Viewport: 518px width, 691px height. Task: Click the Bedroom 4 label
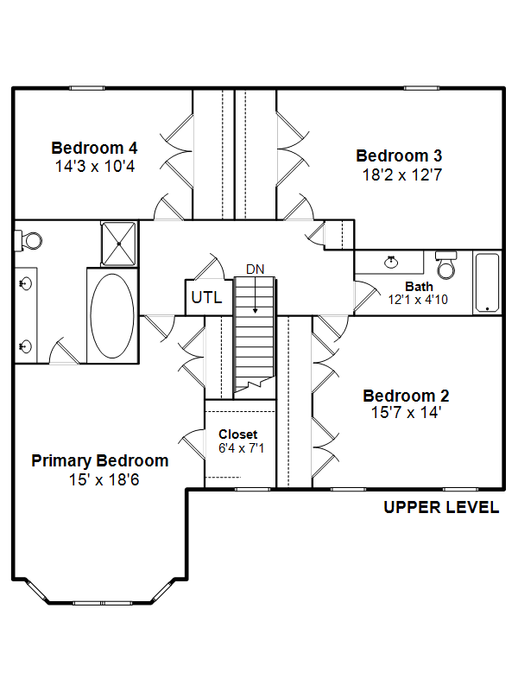point(94,148)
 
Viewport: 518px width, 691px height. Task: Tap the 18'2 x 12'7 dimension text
point(401,175)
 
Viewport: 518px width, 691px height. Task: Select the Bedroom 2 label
point(406,396)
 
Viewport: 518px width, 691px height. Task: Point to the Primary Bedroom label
point(100,461)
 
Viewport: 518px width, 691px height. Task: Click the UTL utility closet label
point(206,297)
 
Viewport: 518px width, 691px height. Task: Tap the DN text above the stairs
point(255,269)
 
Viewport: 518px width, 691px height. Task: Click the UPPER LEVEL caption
point(441,507)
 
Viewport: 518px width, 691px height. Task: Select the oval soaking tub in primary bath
point(112,315)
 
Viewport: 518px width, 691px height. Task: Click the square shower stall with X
point(118,244)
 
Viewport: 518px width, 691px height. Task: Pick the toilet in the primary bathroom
point(28,241)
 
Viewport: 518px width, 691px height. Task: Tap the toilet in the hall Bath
point(446,265)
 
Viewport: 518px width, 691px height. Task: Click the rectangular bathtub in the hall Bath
point(487,282)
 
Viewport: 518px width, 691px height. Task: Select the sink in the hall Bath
point(391,262)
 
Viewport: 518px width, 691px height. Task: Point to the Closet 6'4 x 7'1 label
point(242,441)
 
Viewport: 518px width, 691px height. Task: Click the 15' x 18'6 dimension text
point(104,479)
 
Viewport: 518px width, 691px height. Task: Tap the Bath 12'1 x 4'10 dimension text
point(418,300)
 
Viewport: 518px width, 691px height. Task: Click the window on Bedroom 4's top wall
point(87,88)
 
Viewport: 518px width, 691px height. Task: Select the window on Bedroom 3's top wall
point(421,88)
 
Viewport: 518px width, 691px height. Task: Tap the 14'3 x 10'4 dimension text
point(95,167)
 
